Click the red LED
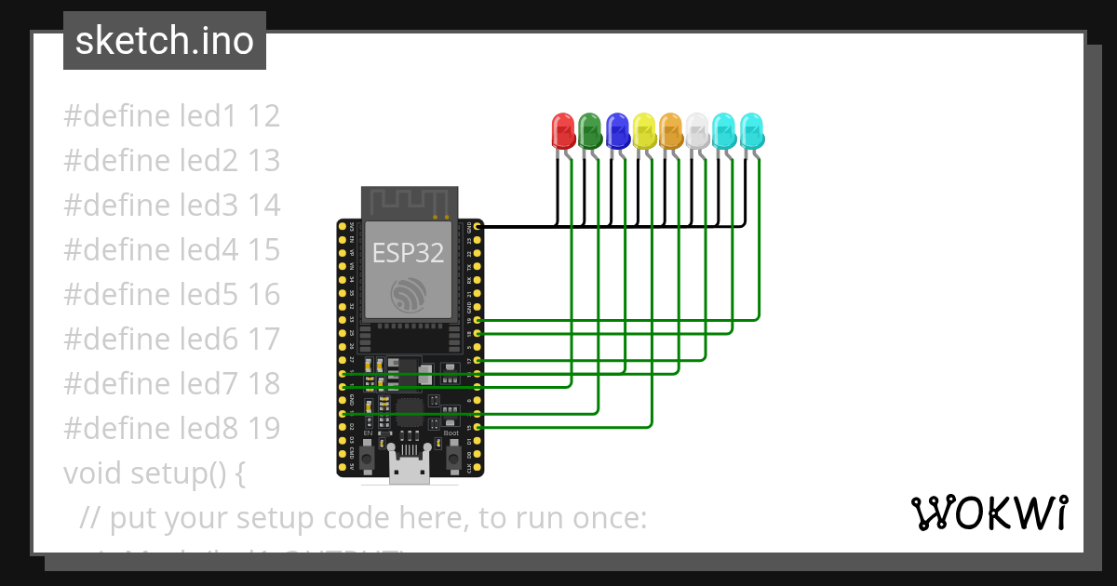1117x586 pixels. (x=563, y=131)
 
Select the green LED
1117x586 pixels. (x=589, y=131)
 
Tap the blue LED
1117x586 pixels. (x=616, y=131)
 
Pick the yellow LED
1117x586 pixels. (x=643, y=131)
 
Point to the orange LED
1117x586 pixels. (x=670, y=131)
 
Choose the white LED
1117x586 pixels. (x=697, y=131)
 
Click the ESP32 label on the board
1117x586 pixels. (x=408, y=252)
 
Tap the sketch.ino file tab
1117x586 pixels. (x=165, y=41)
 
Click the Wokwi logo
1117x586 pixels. (x=989, y=513)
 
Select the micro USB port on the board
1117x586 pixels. (x=409, y=471)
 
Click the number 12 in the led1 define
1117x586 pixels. (x=264, y=116)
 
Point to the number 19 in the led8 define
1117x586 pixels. (x=264, y=428)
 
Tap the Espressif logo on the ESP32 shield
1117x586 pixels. (x=409, y=295)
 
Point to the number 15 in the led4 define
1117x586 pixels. (x=264, y=249)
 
